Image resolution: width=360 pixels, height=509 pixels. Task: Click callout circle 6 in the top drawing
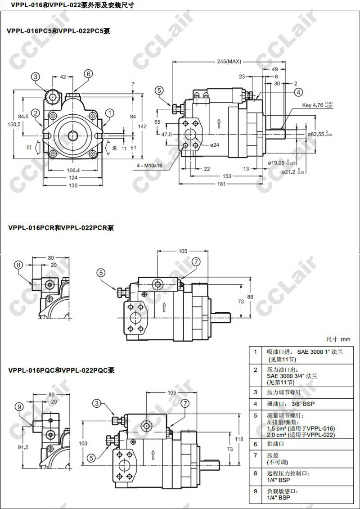(88, 74)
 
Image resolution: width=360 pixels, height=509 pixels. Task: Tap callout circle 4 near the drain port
(299, 92)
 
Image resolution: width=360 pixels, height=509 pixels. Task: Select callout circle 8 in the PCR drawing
(18, 265)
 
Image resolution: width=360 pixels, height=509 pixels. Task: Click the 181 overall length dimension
(222, 184)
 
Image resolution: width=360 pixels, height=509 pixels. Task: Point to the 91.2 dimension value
(22, 447)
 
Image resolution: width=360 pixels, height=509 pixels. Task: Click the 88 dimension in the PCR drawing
(250, 297)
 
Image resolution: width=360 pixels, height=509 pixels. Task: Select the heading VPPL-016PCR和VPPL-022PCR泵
(61, 228)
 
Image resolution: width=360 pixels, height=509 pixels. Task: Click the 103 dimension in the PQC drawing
(83, 444)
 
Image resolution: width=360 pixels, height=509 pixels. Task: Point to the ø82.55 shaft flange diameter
(318, 134)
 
